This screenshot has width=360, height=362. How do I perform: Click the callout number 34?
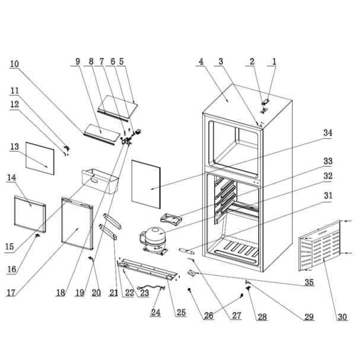tap(327, 134)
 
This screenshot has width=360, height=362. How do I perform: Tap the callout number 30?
tap(342, 317)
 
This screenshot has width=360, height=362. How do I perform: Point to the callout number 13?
tap(15, 146)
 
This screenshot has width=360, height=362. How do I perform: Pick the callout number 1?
tap(275, 61)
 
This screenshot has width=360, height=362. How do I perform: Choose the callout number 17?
tap(12, 293)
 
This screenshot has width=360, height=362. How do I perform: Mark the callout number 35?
tap(309, 282)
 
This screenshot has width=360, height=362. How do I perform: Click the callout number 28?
tap(262, 317)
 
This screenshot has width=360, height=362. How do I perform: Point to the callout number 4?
tap(201, 61)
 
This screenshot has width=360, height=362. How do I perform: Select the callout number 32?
tap(327, 176)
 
